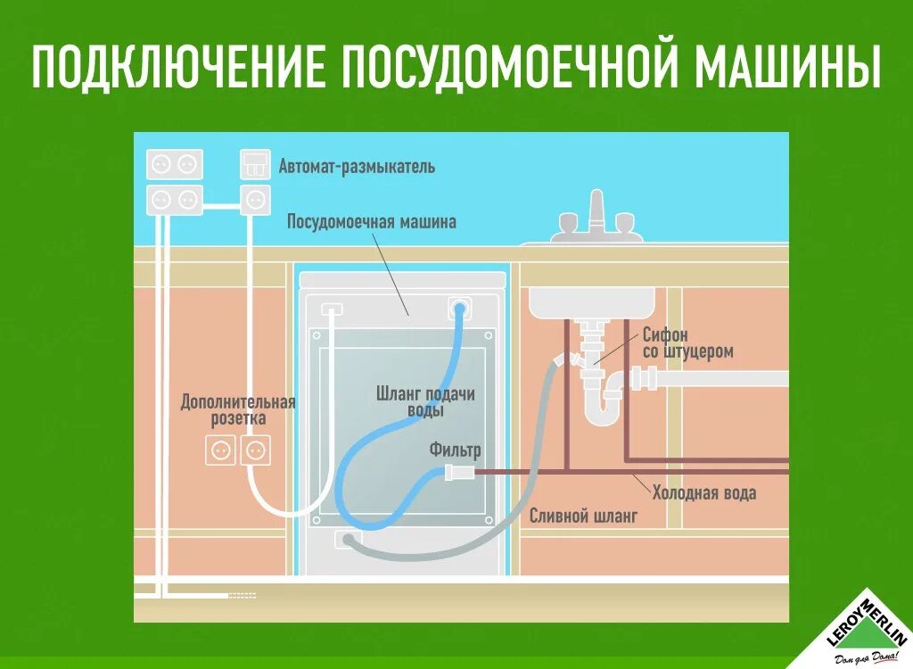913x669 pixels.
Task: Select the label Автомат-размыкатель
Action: [x=357, y=166]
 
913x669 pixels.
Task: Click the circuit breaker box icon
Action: [x=255, y=164]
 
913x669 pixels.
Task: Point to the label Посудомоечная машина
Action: [x=371, y=221]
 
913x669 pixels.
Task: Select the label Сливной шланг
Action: [x=583, y=516]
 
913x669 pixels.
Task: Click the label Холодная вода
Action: [x=704, y=492]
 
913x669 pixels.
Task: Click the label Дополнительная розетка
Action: [x=237, y=409]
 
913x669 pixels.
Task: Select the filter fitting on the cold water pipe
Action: [x=456, y=471]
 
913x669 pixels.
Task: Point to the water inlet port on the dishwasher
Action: [x=460, y=308]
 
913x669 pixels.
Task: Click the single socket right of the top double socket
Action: [x=255, y=198]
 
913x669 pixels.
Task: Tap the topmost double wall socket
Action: [x=175, y=164]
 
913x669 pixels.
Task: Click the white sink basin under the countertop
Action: [x=592, y=301]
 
